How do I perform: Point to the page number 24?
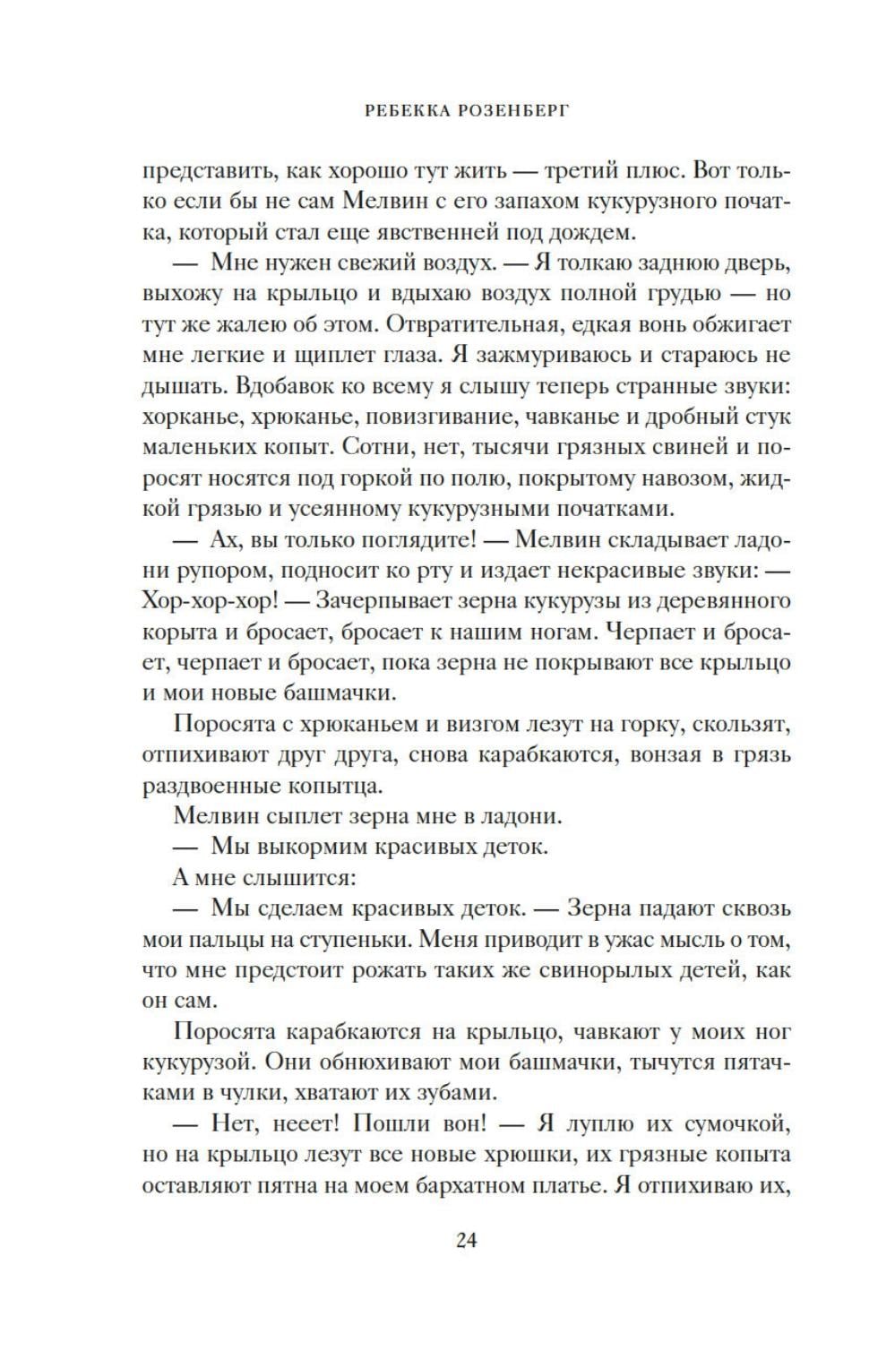coord(466,1240)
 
